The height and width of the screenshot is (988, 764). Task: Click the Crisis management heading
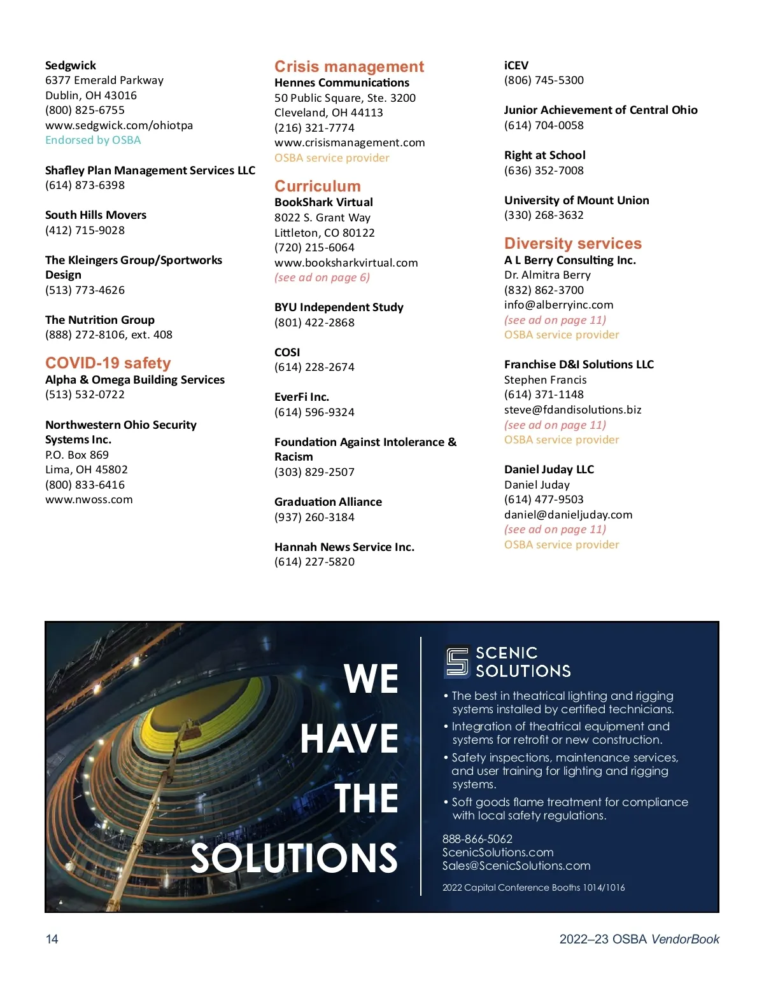[349, 67]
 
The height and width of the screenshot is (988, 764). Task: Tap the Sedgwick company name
[71, 66]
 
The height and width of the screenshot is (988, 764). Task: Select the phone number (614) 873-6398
[85, 185]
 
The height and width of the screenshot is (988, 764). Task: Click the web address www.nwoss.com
[89, 500]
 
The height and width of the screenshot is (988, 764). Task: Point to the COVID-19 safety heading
[108, 363]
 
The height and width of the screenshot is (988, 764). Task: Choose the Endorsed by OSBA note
[93, 140]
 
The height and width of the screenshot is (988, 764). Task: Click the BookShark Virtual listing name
[323, 202]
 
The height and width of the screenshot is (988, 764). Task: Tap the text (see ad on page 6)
[322, 277]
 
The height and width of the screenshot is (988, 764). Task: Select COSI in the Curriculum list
[287, 352]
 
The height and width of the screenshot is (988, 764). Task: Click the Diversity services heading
[573, 244]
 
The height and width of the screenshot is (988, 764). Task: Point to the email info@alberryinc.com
[559, 305]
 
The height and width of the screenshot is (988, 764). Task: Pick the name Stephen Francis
[546, 380]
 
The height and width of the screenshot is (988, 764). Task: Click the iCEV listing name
[516, 66]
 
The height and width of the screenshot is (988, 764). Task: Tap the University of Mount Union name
[577, 200]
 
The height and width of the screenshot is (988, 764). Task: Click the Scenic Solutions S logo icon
[457, 662]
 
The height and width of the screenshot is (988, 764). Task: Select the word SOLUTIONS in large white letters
[294, 858]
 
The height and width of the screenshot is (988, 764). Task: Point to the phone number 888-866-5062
[478, 839]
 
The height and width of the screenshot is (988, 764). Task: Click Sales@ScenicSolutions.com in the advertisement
[516, 866]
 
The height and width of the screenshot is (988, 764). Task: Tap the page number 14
[52, 939]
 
